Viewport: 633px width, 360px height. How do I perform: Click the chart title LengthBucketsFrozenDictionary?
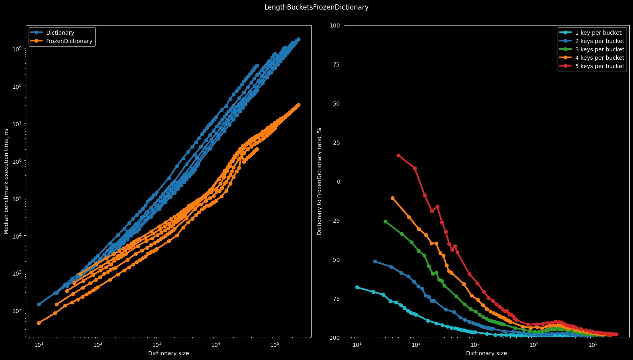pyautogui.click(x=316, y=7)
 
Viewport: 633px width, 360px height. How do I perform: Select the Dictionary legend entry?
pyautogui.click(x=60, y=33)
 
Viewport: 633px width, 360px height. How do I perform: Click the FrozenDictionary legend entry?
pyautogui.click(x=69, y=41)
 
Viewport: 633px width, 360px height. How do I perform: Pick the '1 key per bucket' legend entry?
pyautogui.click(x=598, y=33)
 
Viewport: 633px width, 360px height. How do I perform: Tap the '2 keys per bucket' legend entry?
pyautogui.click(x=600, y=41)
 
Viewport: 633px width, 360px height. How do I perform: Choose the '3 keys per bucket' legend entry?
pyautogui.click(x=600, y=49)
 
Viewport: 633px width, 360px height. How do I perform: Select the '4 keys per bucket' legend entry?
pyautogui.click(x=600, y=58)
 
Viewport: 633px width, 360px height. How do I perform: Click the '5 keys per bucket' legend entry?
pyautogui.click(x=600, y=66)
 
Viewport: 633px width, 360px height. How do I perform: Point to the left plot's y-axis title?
pyautogui.click(x=6, y=181)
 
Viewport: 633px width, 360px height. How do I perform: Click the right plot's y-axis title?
pyautogui.click(x=319, y=181)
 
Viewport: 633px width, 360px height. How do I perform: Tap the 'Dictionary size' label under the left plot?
pyautogui.click(x=169, y=353)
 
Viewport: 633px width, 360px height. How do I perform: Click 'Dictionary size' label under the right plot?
pyautogui.click(x=486, y=353)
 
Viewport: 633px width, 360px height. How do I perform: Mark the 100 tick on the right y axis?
pyautogui.click(x=335, y=25)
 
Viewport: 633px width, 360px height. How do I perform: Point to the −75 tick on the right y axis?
pyautogui.click(x=334, y=298)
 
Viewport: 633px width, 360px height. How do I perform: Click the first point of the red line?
pyautogui.click(x=398, y=155)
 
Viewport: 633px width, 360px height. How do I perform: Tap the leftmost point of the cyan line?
pyautogui.click(x=357, y=287)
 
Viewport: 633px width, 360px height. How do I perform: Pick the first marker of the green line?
pyautogui.click(x=385, y=221)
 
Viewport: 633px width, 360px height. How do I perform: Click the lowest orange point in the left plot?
pyautogui.click(x=39, y=323)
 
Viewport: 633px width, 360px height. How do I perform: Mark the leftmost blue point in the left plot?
pyautogui.click(x=39, y=304)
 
